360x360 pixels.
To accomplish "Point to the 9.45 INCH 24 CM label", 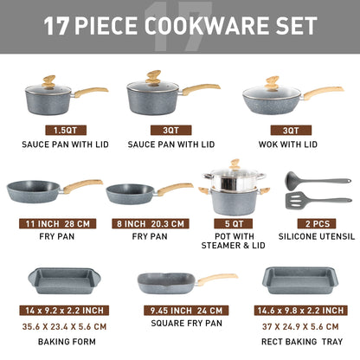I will tap(180, 310).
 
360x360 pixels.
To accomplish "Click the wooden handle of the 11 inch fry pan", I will tap(81, 185).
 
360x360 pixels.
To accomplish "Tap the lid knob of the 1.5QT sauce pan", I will tap(50, 81).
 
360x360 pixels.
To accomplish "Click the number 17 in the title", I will tap(56, 26).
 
